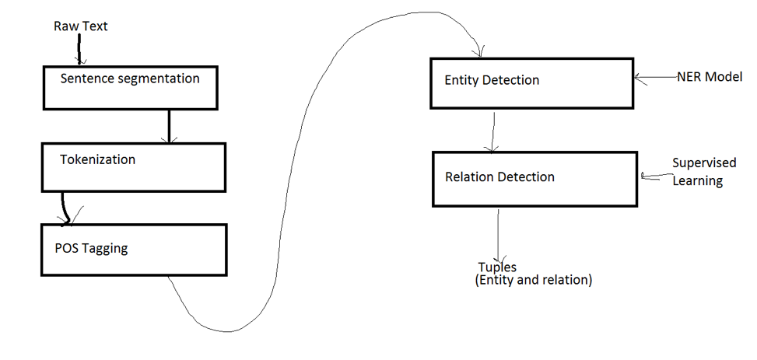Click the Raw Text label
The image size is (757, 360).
80,26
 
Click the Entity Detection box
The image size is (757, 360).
533,82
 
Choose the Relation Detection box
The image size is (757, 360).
534,178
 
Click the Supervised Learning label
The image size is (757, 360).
698,172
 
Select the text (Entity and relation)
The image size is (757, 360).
533,280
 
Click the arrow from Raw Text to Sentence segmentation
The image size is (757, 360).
79,50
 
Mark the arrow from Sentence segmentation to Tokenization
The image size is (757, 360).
168,125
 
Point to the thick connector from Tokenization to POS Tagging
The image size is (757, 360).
65,208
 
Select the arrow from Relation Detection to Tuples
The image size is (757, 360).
498,233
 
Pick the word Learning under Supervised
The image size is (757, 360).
698,181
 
